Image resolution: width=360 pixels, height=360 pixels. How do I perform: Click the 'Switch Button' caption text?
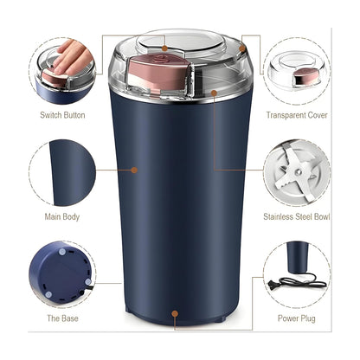pyautogui.click(x=63, y=114)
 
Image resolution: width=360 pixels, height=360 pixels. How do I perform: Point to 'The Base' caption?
pyautogui.click(x=63, y=318)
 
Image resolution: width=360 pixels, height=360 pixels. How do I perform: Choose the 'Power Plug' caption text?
pyautogui.click(x=295, y=318)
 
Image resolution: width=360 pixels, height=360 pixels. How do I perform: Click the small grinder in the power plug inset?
pyautogui.click(x=297, y=257)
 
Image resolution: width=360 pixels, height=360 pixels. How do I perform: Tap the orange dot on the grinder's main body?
pyautogui.click(x=134, y=170)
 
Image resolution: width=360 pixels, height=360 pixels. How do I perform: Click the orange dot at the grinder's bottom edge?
pyautogui.click(x=177, y=316)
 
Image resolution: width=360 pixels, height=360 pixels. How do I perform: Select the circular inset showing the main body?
pyautogui.click(x=62, y=173)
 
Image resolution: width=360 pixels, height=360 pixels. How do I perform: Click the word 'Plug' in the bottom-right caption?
pyautogui.click(x=307, y=318)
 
